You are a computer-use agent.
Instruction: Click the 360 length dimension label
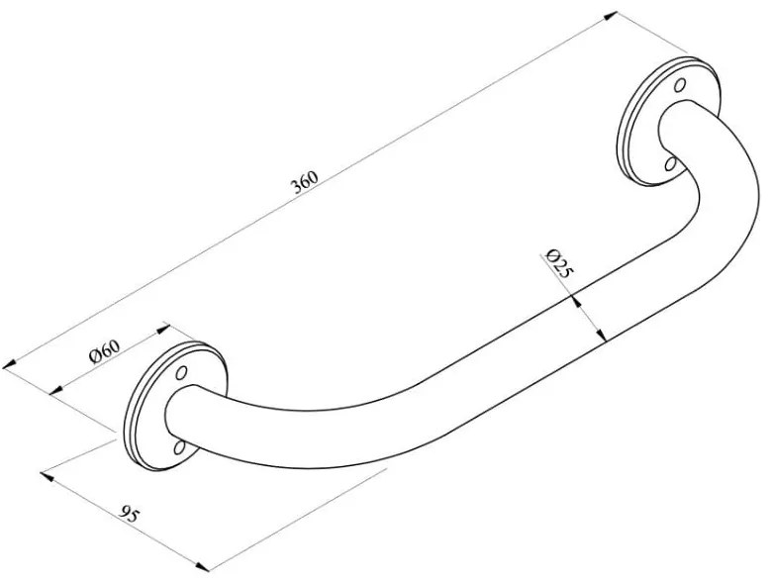point(305,182)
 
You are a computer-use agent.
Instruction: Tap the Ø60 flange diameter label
point(104,351)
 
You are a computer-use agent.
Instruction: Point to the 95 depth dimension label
point(130,515)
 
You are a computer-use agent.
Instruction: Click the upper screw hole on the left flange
point(182,372)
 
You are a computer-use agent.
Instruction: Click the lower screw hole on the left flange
point(179,446)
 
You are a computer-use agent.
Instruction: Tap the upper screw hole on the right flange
point(680,85)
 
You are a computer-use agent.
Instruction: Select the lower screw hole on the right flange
point(670,163)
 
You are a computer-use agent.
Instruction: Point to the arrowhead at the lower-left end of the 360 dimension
point(9,365)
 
